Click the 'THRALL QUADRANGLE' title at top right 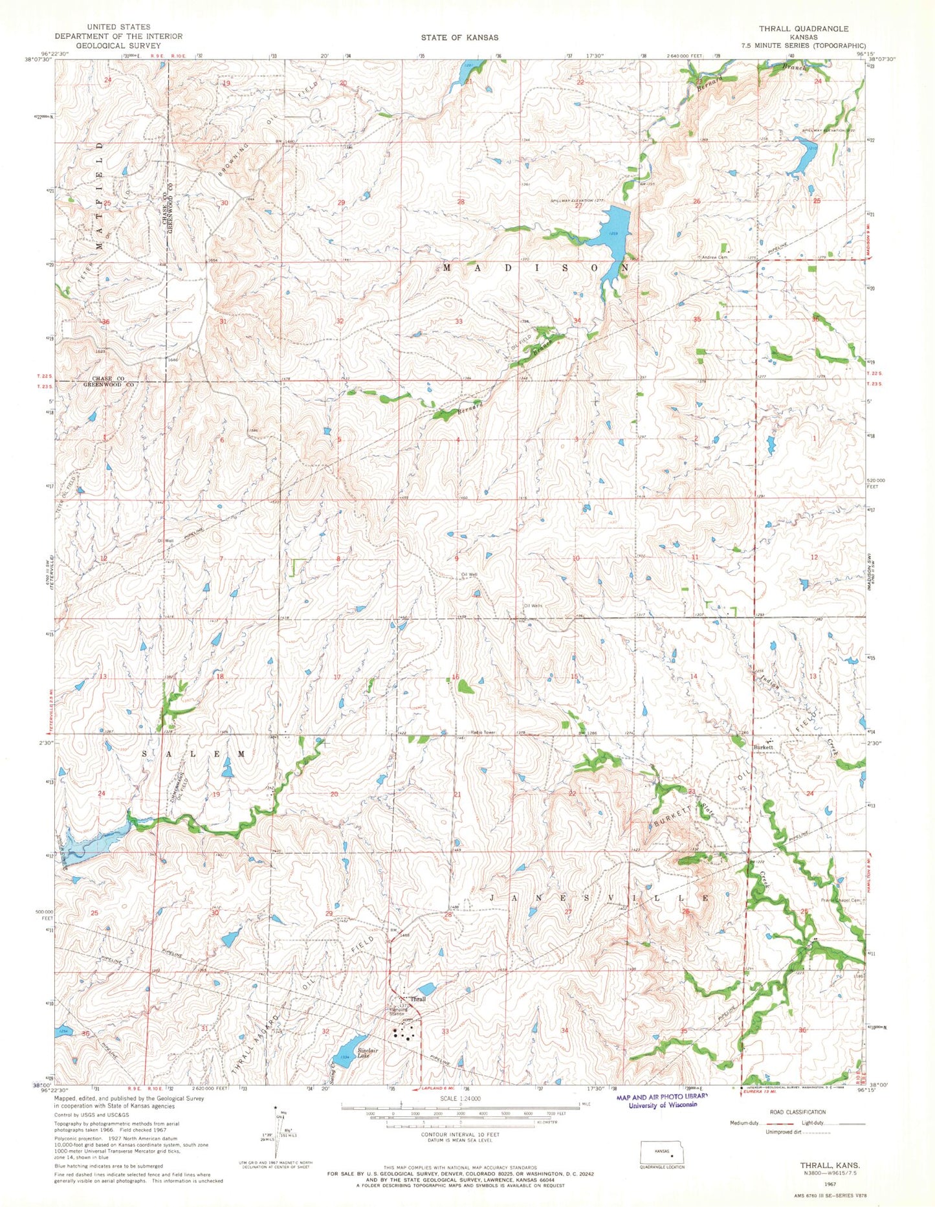pyautogui.click(x=804, y=29)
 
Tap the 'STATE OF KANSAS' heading pyautogui.click(x=457, y=38)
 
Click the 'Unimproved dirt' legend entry pyautogui.click(x=786, y=1132)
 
